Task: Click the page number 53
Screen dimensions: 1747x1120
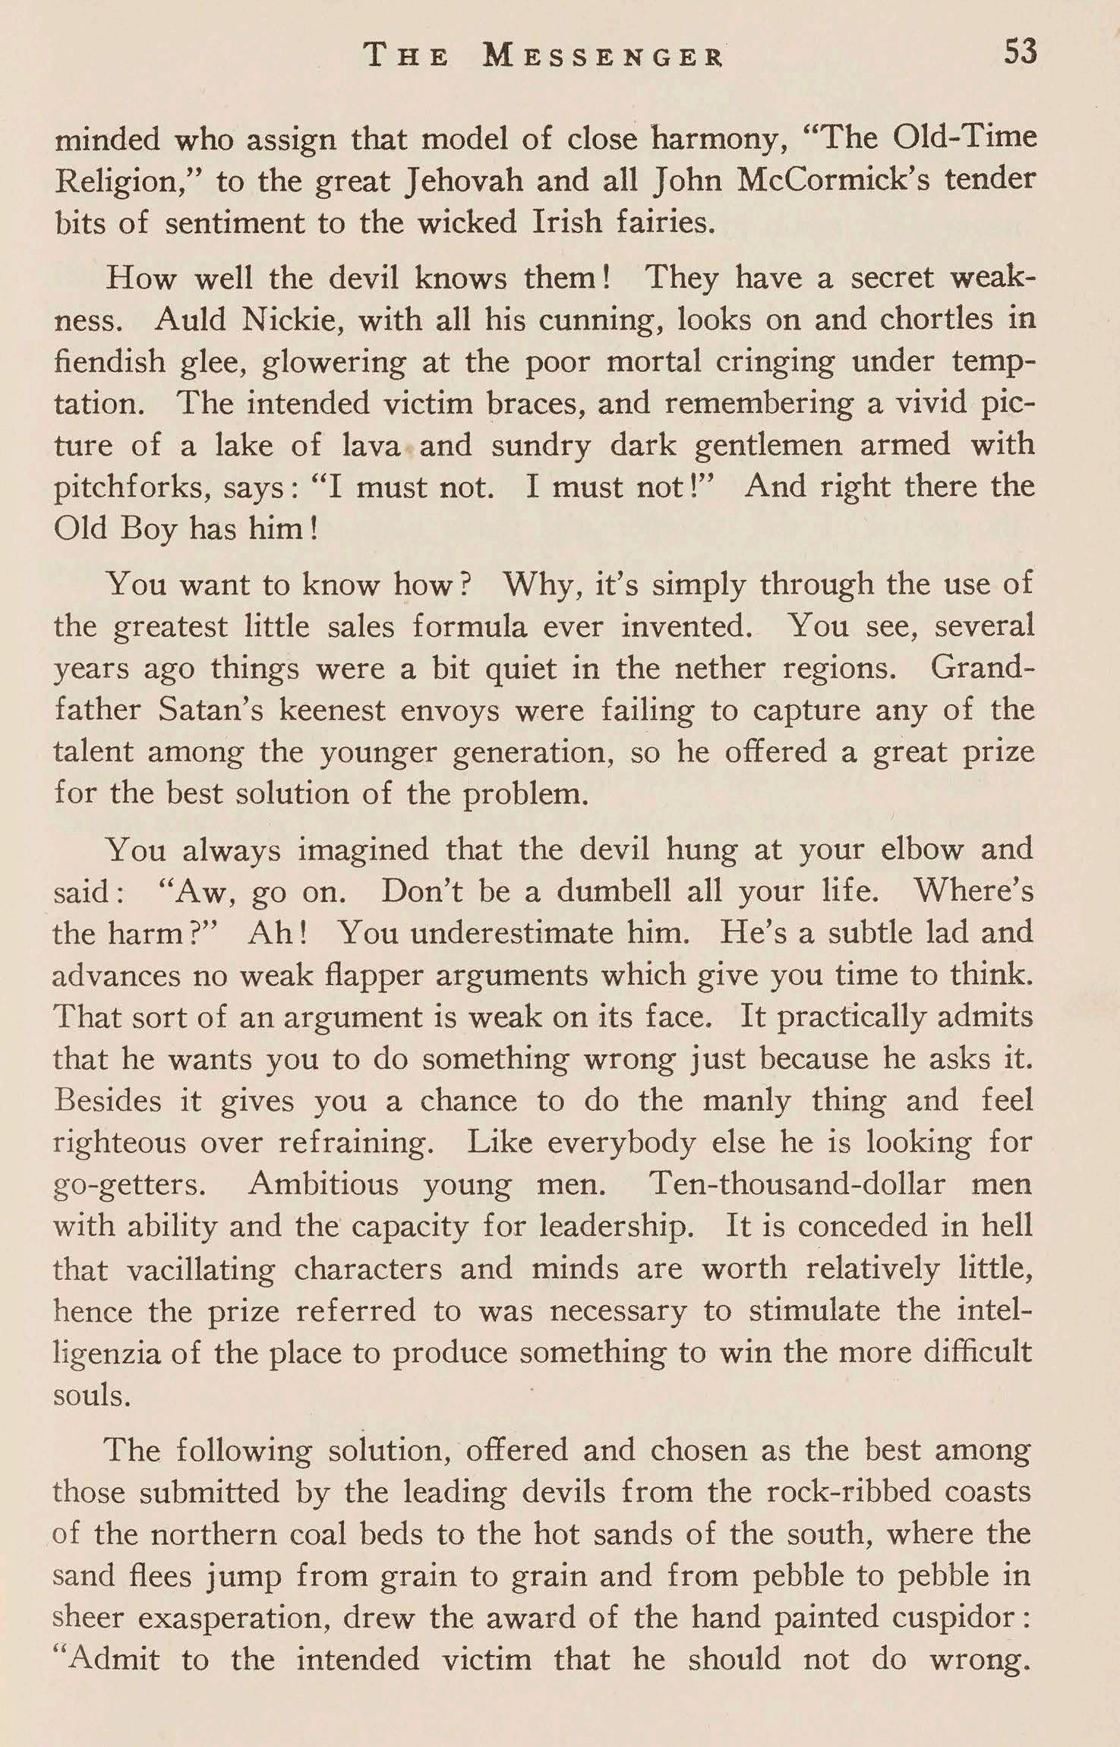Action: [1020, 53]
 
